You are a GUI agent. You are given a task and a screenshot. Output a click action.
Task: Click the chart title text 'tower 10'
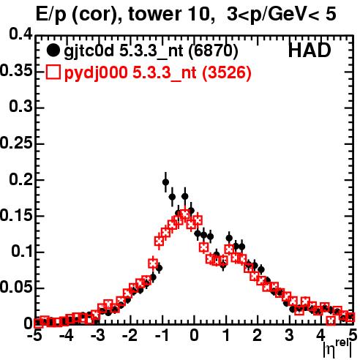[x=169, y=14]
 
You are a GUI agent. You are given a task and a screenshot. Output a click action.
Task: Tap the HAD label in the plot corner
[x=310, y=50]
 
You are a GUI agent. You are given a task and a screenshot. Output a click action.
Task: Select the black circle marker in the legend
[x=53, y=50]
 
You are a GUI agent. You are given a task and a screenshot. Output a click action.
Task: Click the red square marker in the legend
[x=53, y=72]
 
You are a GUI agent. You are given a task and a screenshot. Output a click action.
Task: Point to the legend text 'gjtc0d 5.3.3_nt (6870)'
[x=151, y=51]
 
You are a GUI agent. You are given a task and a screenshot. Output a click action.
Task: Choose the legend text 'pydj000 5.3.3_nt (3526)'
[x=157, y=72]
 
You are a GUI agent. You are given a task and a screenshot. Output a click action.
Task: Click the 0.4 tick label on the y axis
[x=20, y=34]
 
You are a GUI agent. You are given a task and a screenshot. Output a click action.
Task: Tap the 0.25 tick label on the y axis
[x=16, y=143]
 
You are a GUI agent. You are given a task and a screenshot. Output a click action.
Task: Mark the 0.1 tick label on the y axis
[x=22, y=252]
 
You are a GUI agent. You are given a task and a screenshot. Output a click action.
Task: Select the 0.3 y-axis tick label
[x=20, y=107]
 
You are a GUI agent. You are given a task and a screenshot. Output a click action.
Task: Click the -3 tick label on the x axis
[x=98, y=335]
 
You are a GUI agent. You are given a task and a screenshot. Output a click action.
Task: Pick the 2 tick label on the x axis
[x=258, y=335]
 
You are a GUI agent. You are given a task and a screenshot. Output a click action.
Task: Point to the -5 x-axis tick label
[x=34, y=335]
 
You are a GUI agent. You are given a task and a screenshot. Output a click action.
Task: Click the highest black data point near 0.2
[x=165, y=182]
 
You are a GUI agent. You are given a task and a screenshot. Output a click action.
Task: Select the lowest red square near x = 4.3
[x=331, y=320]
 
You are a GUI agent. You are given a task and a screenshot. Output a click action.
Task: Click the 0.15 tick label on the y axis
[x=16, y=215]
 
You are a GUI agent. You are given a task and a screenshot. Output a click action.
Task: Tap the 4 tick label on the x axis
[x=320, y=335]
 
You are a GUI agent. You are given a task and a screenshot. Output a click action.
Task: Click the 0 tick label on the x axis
[x=194, y=335]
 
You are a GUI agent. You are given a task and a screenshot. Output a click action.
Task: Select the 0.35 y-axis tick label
[x=16, y=70]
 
